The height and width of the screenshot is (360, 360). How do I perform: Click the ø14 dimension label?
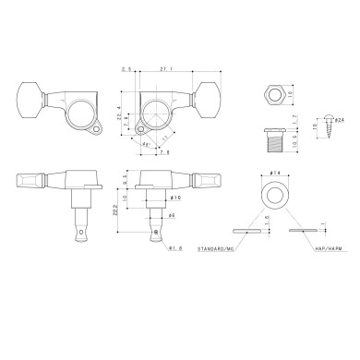[x=276, y=174]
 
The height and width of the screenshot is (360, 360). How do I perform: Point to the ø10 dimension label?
[x=174, y=198]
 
